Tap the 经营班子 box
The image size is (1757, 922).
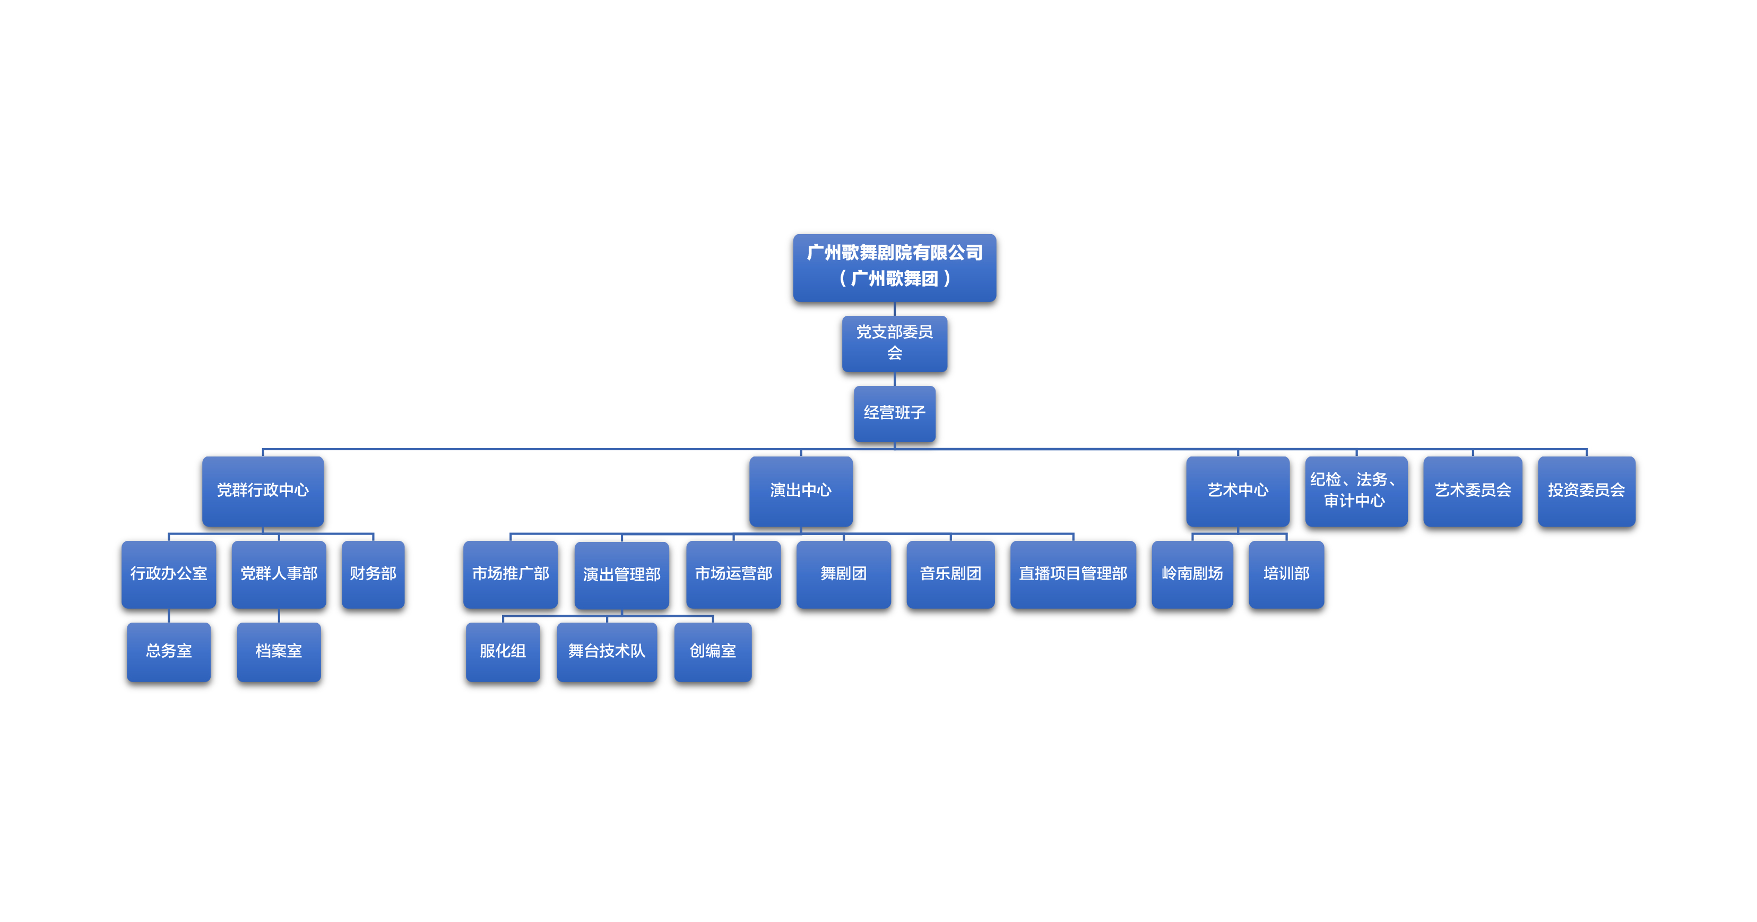(894, 413)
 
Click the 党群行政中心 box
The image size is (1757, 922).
(263, 490)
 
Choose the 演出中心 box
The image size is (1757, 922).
(800, 490)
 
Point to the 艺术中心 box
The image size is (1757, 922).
(1237, 490)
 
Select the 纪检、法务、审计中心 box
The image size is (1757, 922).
(1355, 490)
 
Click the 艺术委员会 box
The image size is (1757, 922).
(1472, 490)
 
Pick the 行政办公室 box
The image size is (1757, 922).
(168, 573)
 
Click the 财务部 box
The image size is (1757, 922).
(373, 573)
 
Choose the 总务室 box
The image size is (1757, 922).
(168, 651)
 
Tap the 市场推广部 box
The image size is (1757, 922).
(510, 573)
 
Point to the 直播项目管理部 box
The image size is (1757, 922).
(1072, 573)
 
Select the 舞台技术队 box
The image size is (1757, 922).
(607, 651)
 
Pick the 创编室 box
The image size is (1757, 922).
(712, 651)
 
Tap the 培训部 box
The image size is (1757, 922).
(1286, 573)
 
